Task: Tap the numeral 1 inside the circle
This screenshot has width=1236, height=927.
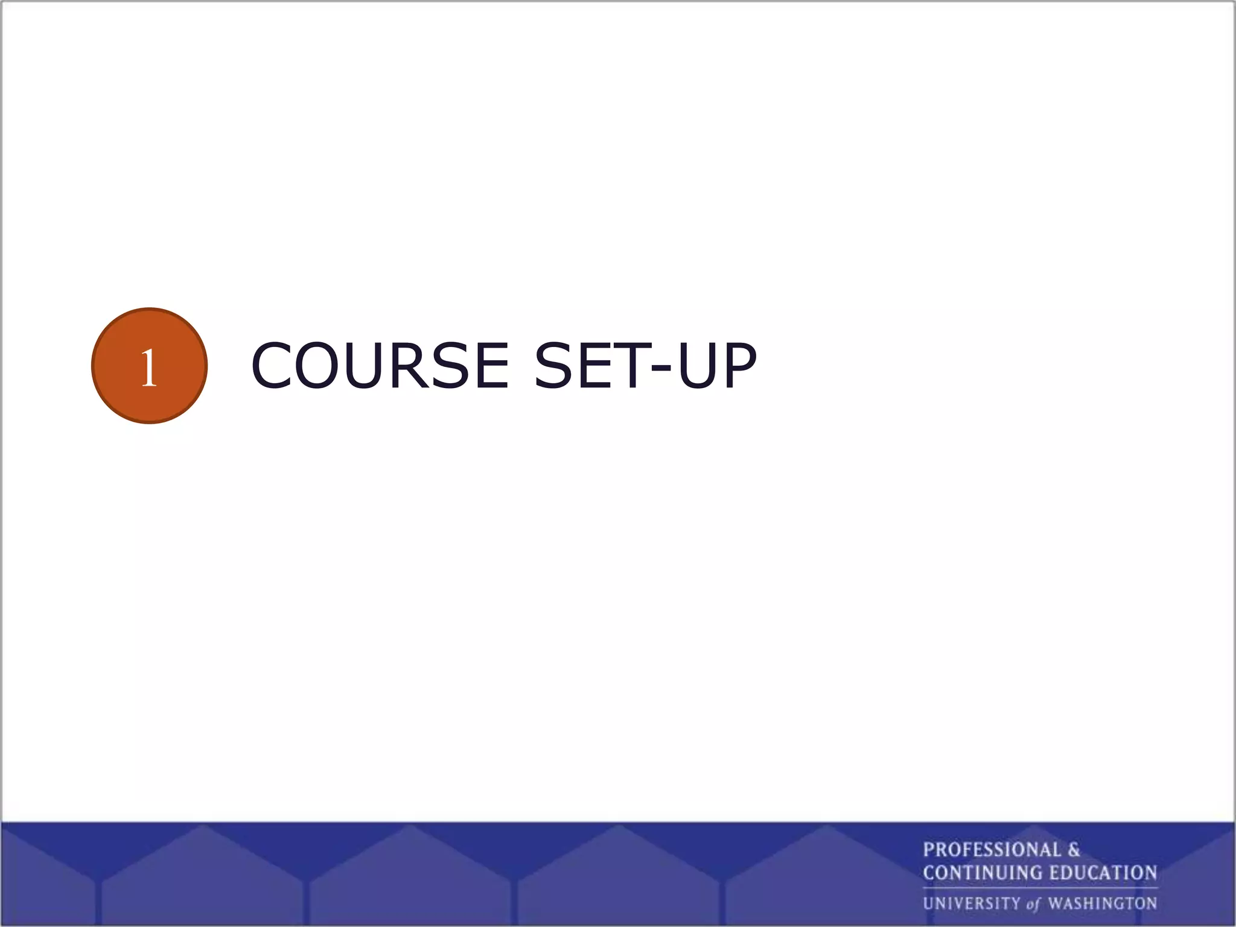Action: point(149,368)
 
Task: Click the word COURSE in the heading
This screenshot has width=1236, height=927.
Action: point(380,366)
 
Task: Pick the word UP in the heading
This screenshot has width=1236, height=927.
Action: point(716,366)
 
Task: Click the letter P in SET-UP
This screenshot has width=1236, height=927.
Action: point(738,366)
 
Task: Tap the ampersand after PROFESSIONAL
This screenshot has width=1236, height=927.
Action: point(1074,850)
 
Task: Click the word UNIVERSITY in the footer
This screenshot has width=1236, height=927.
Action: point(971,903)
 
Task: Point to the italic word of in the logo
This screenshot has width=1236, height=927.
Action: point(1033,904)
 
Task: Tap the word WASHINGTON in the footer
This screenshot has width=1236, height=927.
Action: point(1103,903)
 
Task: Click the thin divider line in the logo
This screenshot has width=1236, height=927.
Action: point(1040,888)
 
